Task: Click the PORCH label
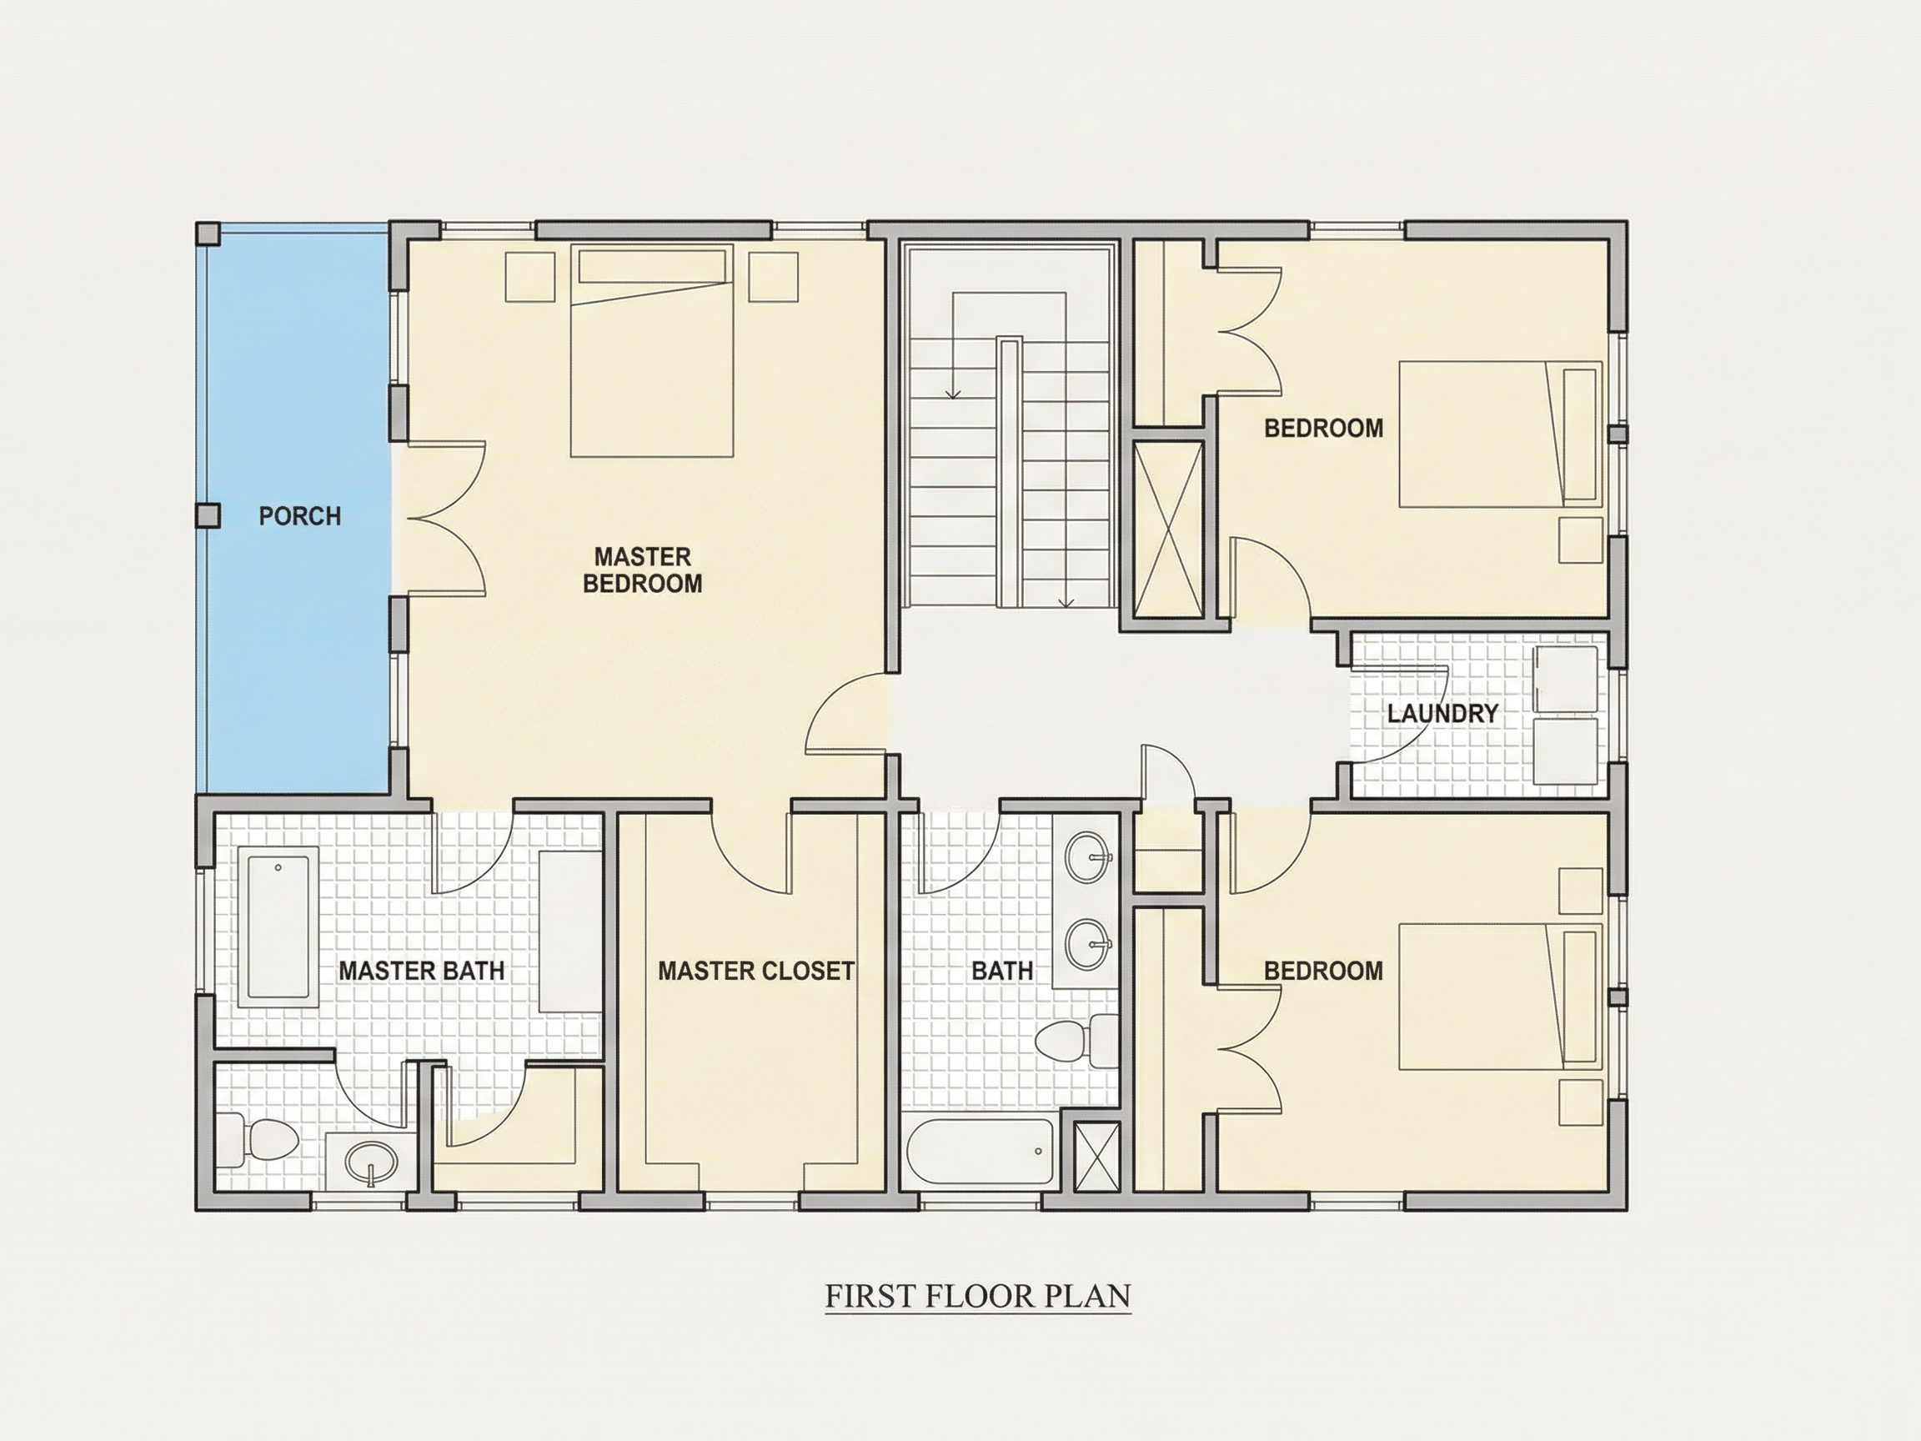pos(299,516)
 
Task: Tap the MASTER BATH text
pos(421,970)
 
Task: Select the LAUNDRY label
pos(1442,714)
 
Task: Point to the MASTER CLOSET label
pos(755,970)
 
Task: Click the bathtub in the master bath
pos(278,926)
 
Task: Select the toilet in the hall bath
pos(1078,1042)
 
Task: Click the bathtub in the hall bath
pos(980,1152)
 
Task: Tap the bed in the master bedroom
pos(651,351)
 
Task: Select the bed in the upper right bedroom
pos(1501,434)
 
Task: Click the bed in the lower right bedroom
pos(1501,997)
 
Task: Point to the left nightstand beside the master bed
pos(529,277)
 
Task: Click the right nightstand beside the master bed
pos(773,277)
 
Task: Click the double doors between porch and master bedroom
pos(445,519)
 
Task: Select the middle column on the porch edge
pos(208,516)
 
